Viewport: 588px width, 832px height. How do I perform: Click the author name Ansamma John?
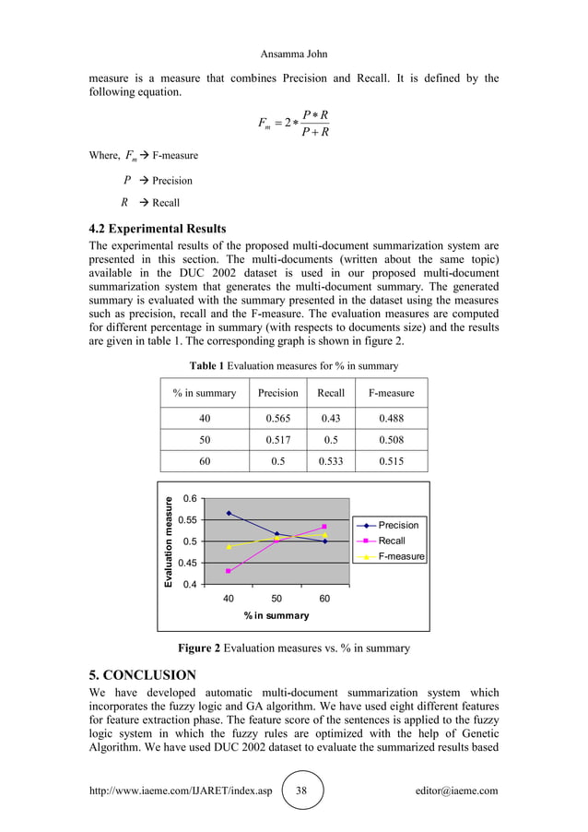pyautogui.click(x=293, y=54)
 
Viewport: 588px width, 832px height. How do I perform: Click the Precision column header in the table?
pyautogui.click(x=277, y=393)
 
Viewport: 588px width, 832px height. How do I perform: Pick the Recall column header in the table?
pyautogui.click(x=331, y=393)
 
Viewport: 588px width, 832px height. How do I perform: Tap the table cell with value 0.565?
pyautogui.click(x=277, y=418)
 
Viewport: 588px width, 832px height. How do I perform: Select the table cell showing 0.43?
pyautogui.click(x=331, y=418)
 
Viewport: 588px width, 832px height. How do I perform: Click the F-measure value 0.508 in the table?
pyautogui.click(x=391, y=440)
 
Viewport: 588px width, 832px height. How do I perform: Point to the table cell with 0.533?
pyautogui.click(x=331, y=462)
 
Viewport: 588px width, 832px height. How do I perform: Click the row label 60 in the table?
pyautogui.click(x=204, y=462)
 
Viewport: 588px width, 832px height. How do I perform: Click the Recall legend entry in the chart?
pyautogui.click(x=392, y=541)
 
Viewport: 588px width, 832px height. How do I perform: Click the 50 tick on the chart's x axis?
pyautogui.click(x=276, y=599)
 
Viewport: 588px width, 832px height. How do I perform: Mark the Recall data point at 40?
pyautogui.click(x=229, y=571)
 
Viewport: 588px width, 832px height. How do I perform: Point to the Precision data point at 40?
pyautogui.click(x=229, y=514)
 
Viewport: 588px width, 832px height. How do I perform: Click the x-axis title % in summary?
pyautogui.click(x=276, y=615)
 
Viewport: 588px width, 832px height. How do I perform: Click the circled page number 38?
pyautogui.click(x=303, y=791)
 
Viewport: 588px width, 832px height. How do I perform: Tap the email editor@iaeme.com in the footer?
pyautogui.click(x=457, y=791)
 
